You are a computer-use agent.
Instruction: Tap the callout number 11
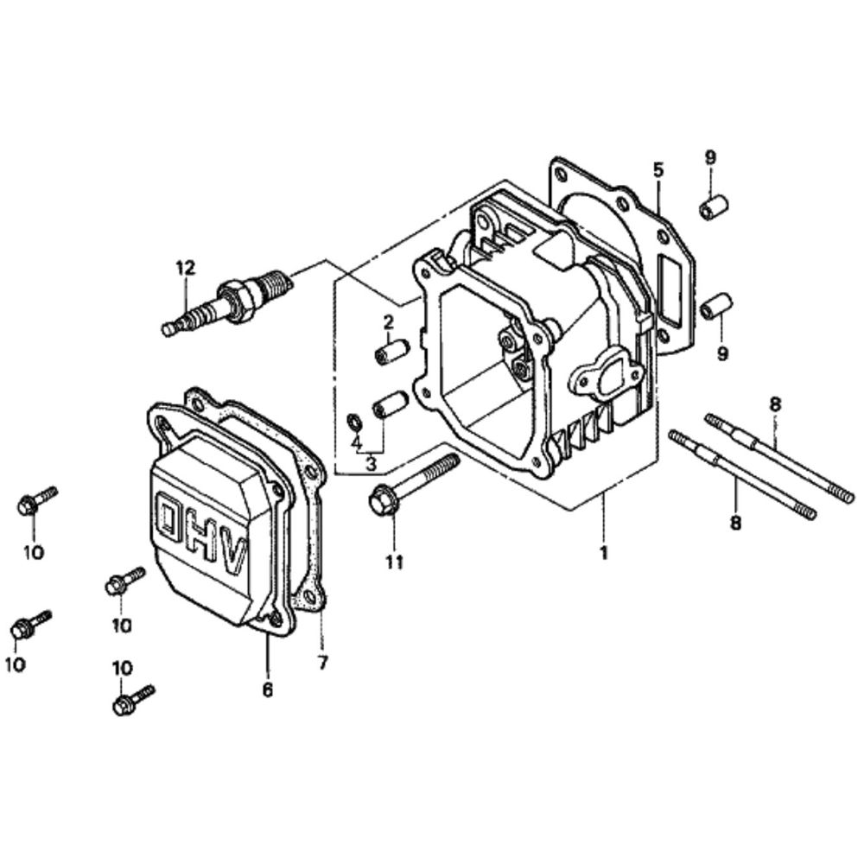394,562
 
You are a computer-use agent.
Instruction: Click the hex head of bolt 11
382,502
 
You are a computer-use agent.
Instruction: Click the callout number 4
355,442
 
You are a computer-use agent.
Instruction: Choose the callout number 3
372,463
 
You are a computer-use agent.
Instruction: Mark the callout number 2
389,322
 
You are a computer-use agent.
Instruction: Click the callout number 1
604,551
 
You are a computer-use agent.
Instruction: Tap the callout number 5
658,169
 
